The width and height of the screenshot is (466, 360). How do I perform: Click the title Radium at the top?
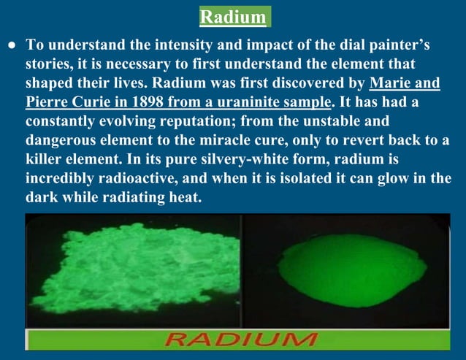coord(233,16)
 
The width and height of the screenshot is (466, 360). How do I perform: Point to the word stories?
coord(50,64)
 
